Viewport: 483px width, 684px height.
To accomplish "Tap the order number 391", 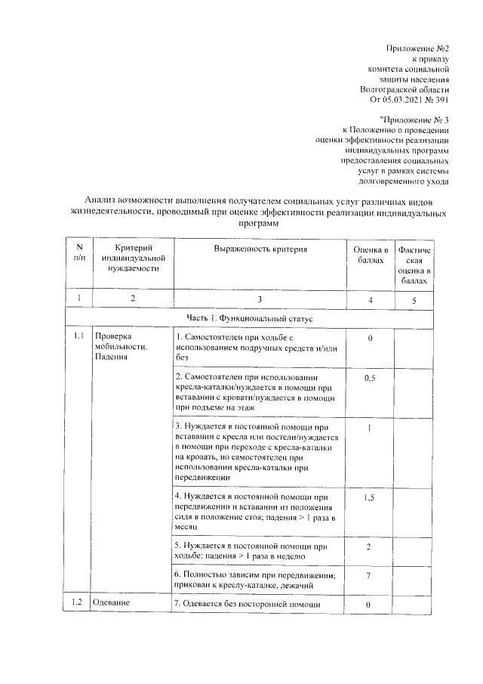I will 441,100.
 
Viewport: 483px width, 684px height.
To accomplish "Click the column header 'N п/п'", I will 79,254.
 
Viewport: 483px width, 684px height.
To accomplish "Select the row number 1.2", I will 77,603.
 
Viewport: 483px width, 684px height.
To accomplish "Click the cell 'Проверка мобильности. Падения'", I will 121,346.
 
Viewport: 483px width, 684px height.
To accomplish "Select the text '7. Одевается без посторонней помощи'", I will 248,604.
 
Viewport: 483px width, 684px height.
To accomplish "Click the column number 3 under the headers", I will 259,299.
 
